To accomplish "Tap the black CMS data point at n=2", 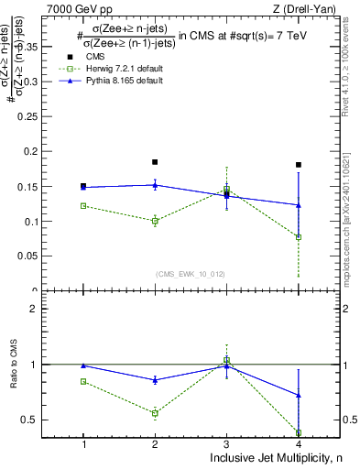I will pos(155,162).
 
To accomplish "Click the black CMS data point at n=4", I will pos(299,165).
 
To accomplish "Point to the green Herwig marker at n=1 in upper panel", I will pos(83,206).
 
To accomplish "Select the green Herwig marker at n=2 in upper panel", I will pos(155,221).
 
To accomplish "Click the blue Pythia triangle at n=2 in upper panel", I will pos(155,185).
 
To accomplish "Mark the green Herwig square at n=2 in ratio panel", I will pos(155,413).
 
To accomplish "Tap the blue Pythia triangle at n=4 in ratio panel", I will pos(299,396).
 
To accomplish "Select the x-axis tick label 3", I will pos(227,444).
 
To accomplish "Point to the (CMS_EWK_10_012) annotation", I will pos(191,274).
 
